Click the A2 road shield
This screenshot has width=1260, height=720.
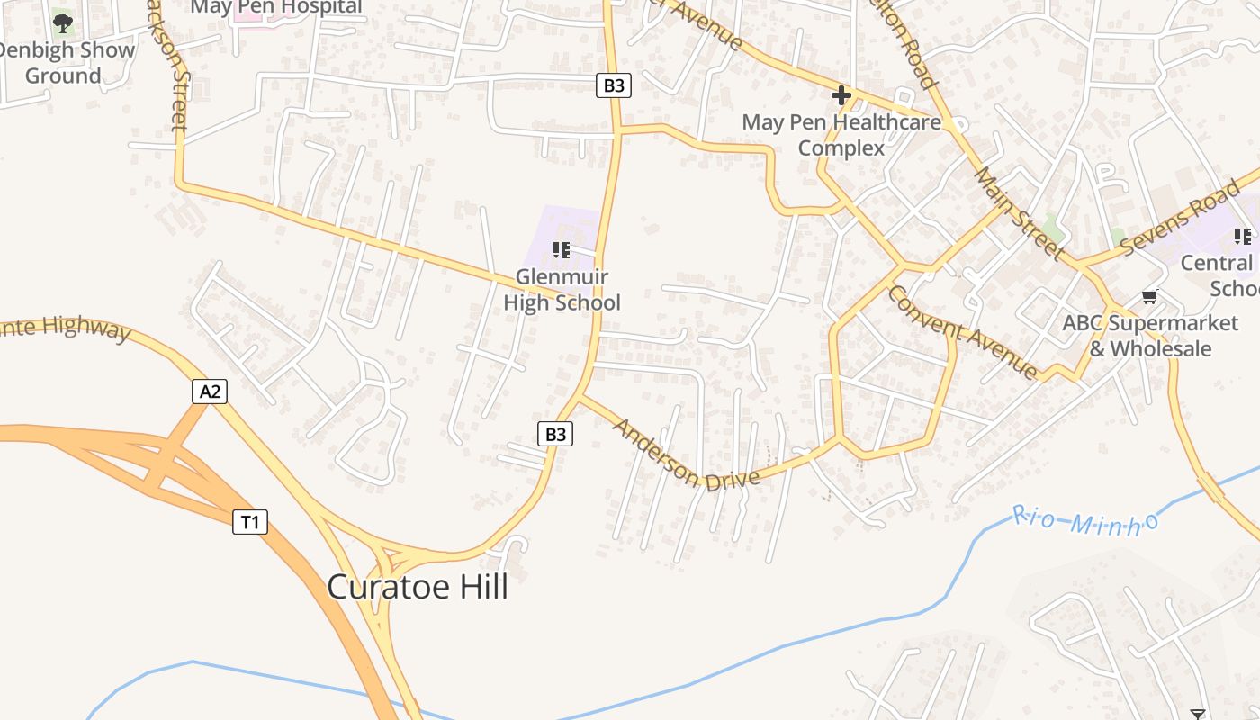pyautogui.click(x=210, y=391)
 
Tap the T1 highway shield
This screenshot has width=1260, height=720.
pyautogui.click(x=250, y=521)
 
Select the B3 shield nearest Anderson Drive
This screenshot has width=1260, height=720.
pyautogui.click(x=556, y=434)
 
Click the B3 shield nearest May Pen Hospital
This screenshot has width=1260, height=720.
pyautogui.click(x=613, y=85)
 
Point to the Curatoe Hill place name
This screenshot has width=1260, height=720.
pyautogui.click(x=418, y=587)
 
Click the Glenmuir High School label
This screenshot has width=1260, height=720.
pyautogui.click(x=562, y=290)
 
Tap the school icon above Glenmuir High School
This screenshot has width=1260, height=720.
pyautogui.click(x=562, y=249)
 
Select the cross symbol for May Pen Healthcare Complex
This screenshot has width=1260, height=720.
pyautogui.click(x=841, y=94)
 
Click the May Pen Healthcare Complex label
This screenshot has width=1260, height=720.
pyautogui.click(x=841, y=135)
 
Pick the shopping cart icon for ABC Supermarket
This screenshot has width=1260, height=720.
pyautogui.click(x=1149, y=296)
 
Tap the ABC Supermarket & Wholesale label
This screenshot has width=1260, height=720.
pyautogui.click(x=1150, y=336)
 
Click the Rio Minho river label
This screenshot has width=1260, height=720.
pyautogui.click(x=1084, y=519)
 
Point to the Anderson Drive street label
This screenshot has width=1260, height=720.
pyautogui.click(x=686, y=454)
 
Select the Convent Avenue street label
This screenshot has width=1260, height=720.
pyautogui.click(x=962, y=331)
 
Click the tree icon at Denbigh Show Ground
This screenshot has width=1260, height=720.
pyautogui.click(x=62, y=21)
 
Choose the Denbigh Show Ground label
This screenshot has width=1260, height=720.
pyautogui.click(x=65, y=62)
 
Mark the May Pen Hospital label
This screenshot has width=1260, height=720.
pyautogui.click(x=276, y=7)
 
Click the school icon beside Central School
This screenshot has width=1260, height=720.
pyautogui.click(x=1243, y=237)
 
